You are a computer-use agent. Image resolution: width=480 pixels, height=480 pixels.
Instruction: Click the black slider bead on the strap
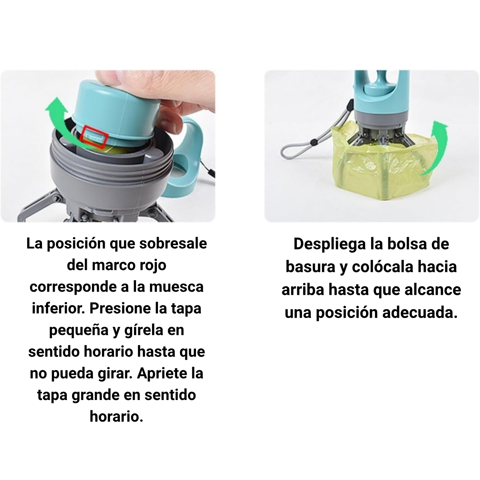coord(315,143)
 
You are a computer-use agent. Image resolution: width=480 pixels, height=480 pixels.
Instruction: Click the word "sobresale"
coord(173,243)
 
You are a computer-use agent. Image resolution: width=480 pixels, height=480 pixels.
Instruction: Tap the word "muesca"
coord(176,287)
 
